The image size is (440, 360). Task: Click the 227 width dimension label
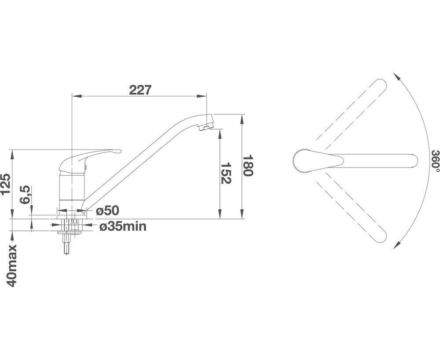coord(140,90)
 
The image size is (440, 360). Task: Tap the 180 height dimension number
coord(248,165)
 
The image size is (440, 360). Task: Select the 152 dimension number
coord(225,173)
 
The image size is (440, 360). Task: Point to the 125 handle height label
coord(6,184)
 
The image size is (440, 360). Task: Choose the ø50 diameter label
coord(108,211)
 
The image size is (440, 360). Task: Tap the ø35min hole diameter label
coord(123,226)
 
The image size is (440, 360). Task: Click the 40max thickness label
coord(12,265)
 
